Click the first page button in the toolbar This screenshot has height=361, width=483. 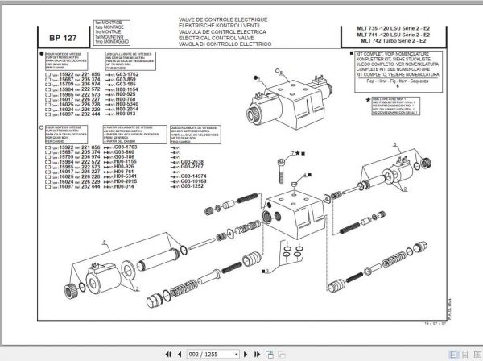164,353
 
